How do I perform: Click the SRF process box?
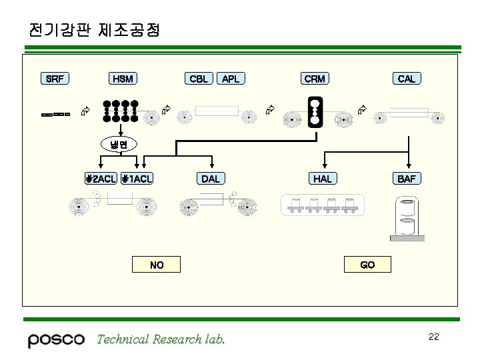pos(55,79)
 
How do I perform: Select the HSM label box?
pos(123,79)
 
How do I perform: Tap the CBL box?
pos(199,79)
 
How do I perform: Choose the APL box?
pos(231,79)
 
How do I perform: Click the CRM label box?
pos(315,79)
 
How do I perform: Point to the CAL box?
pos(406,79)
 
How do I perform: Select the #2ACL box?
pos(101,179)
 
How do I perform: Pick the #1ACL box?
pos(137,179)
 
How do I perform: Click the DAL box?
pos(211,179)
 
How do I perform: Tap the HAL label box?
pos(323,179)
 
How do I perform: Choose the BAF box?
pos(406,179)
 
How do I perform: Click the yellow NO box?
pos(157,265)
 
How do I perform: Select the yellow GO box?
pos(367,265)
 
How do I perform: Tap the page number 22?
pos(433,337)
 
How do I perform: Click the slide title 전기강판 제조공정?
pos(94,31)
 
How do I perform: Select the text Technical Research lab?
pos(161,339)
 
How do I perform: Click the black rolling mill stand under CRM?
pos(315,112)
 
